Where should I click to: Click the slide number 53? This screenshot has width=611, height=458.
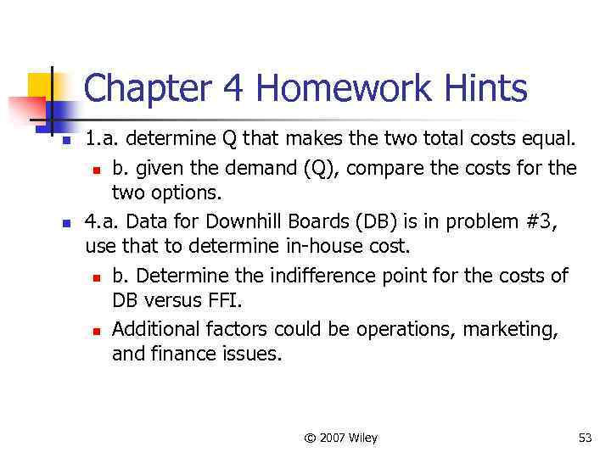[x=585, y=438]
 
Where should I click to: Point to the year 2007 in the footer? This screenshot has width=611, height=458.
[x=334, y=438]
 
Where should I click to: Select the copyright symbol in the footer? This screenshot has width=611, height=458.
[x=310, y=438]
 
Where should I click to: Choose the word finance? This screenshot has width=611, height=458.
[x=176, y=353]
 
